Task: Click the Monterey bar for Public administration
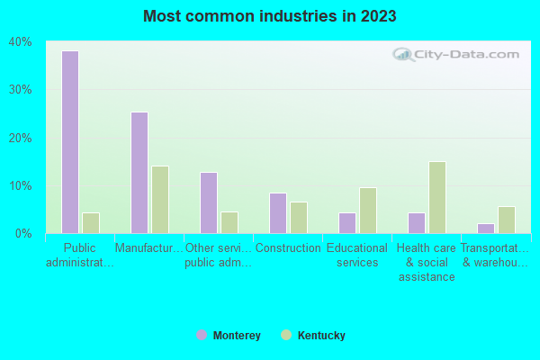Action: pyautogui.click(x=70, y=142)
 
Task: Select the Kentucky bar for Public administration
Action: pyautogui.click(x=91, y=222)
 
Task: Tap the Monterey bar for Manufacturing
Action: pyautogui.click(x=139, y=173)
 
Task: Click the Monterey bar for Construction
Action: pyautogui.click(x=278, y=213)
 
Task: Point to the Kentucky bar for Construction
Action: pyautogui.click(x=299, y=217)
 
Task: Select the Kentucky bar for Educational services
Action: pyautogui.click(x=368, y=210)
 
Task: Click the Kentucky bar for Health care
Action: pyautogui.click(x=437, y=197)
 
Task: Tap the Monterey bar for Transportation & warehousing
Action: pyautogui.click(x=486, y=228)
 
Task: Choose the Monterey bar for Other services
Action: pyautogui.click(x=209, y=202)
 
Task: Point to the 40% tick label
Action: pyautogui.click(x=21, y=42)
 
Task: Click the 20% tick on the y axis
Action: pyautogui.click(x=21, y=138)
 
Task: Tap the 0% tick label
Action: pyautogui.click(x=23, y=234)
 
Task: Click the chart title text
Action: pyautogui.click(x=269, y=16)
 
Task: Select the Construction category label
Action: pyautogui.click(x=288, y=248)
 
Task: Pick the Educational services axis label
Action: pyautogui.click(x=357, y=256)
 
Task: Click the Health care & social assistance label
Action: pyautogui.click(x=427, y=263)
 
